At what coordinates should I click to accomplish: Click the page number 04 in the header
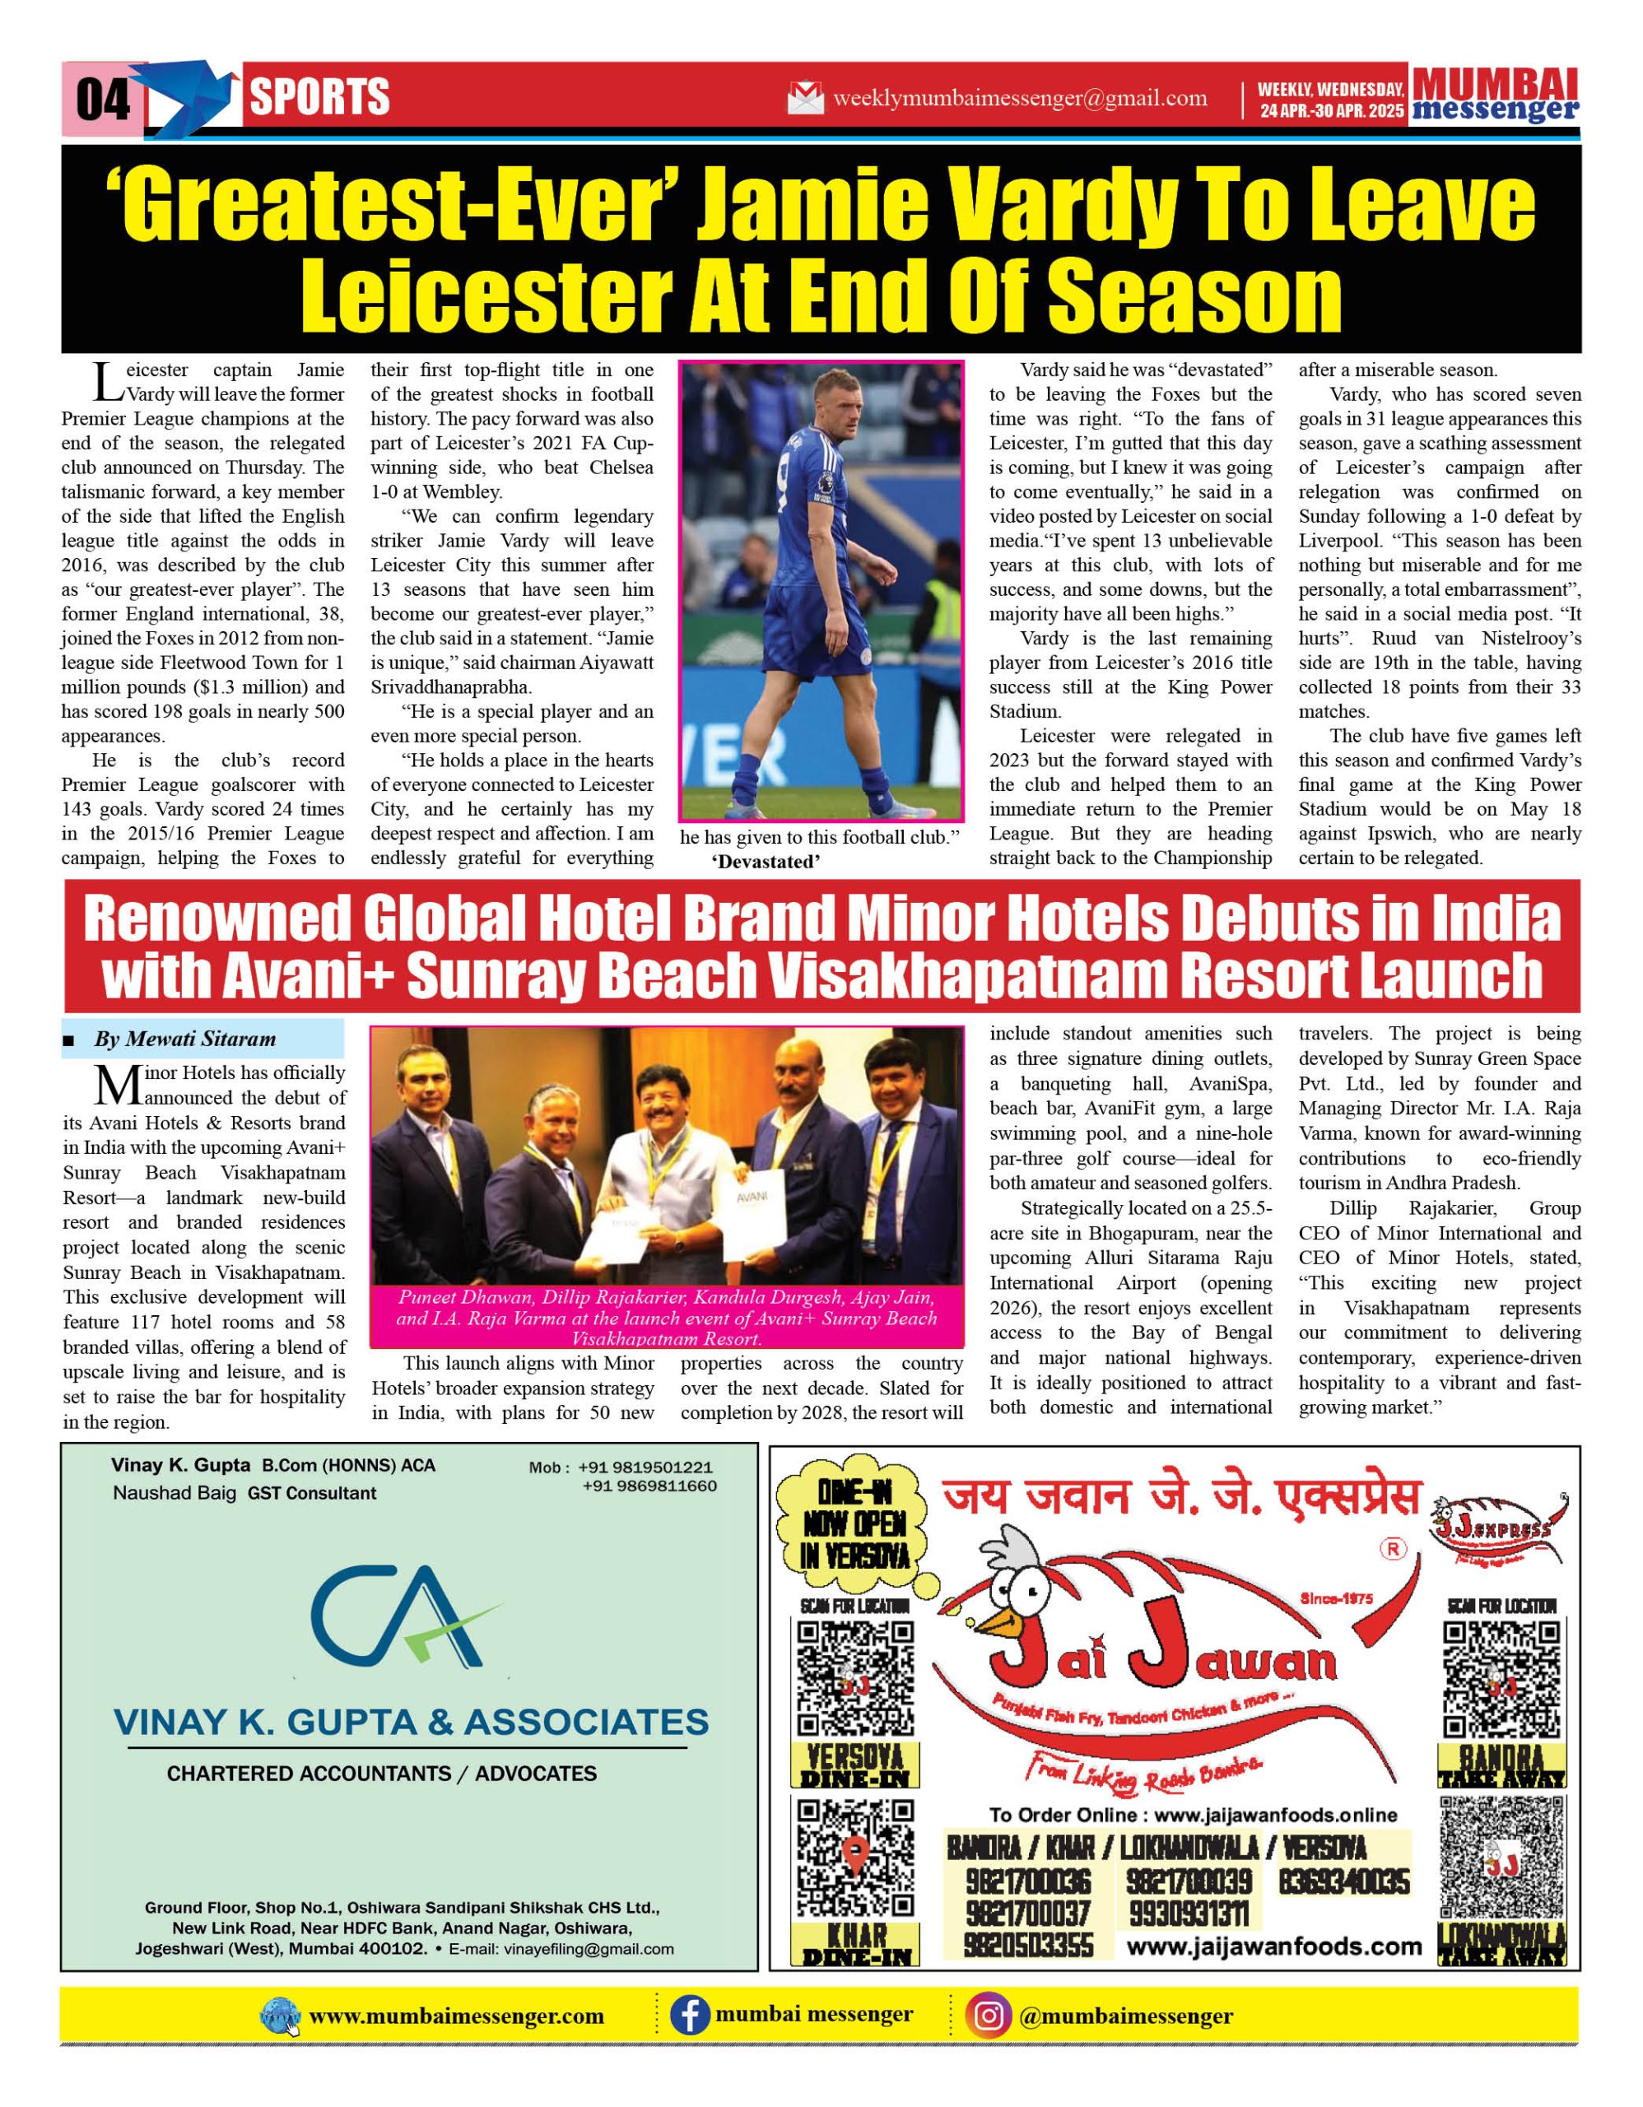click(102, 99)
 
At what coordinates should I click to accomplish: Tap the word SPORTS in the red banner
click(319, 97)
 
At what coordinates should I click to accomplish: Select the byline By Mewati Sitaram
click(184, 1039)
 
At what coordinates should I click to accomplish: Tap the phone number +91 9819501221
click(646, 1467)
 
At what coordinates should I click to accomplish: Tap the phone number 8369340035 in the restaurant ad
click(1344, 1882)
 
